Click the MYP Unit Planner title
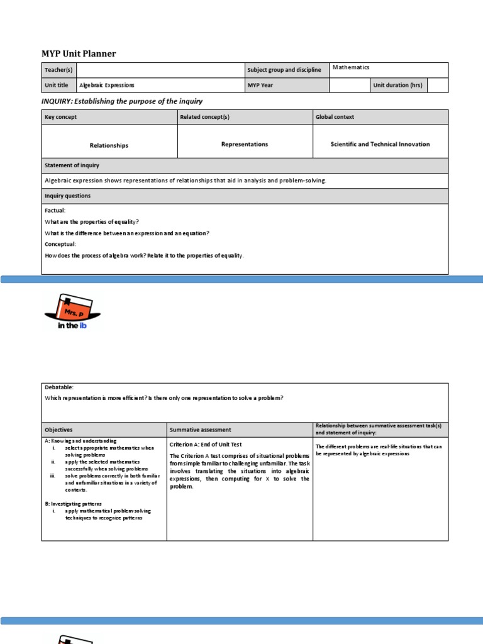tap(79, 53)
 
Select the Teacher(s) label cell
tap(58, 70)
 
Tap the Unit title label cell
tap(57, 85)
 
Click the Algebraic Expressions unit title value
tap(106, 85)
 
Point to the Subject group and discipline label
tap(284, 70)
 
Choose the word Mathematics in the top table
tap(351, 67)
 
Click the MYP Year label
tap(260, 85)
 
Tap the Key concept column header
tap(61, 117)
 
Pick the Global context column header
tap(335, 117)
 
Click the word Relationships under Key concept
tap(109, 145)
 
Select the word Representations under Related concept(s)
tap(245, 144)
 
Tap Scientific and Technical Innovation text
tap(380, 144)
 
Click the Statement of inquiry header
tap(72, 165)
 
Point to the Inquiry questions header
tap(67, 196)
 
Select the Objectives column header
tap(58, 430)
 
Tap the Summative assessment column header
tap(200, 430)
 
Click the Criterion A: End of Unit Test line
tap(206, 445)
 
